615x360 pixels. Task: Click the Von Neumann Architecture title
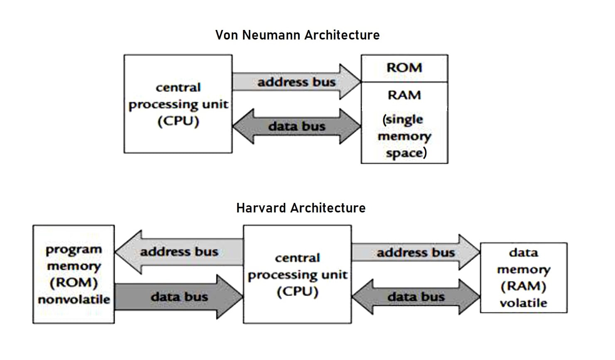coord(297,35)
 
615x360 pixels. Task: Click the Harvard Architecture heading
coord(301,208)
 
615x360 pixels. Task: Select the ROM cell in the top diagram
coord(404,68)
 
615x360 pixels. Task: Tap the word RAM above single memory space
coord(404,95)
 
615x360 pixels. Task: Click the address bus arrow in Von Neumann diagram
coord(296,82)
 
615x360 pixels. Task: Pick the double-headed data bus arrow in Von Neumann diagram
coord(296,126)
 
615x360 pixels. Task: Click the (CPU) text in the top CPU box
coord(178,121)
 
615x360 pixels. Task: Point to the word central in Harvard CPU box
coord(298,258)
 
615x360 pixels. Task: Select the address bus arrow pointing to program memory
coord(179,252)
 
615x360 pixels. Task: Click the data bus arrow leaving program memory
coord(179,297)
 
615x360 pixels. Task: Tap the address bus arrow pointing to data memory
coord(416,253)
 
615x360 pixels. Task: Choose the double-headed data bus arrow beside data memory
coord(416,297)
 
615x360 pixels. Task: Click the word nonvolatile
coord(74,300)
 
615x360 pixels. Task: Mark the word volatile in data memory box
coord(523,303)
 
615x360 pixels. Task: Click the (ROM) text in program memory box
coord(74,283)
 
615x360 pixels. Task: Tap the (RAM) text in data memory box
coord(523,286)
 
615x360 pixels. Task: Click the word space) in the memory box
coord(406,153)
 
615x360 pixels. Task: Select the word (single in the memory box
coord(403,120)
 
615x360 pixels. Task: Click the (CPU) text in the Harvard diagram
coord(298,292)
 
